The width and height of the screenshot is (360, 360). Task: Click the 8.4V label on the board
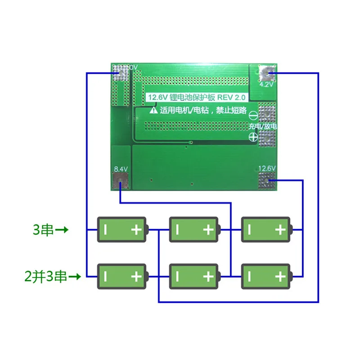pos(121,169)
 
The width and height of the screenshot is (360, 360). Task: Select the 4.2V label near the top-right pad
pos(265,84)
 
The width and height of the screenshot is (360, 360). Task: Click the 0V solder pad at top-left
pos(121,72)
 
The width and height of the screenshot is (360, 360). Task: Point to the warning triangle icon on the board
pos(154,109)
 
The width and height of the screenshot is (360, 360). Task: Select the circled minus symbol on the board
pos(253,115)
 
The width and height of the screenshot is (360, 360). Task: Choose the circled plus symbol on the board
pos(253,138)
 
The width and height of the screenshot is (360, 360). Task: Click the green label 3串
pos(44,230)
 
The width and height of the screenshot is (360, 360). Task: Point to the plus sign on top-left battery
pos(136,230)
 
